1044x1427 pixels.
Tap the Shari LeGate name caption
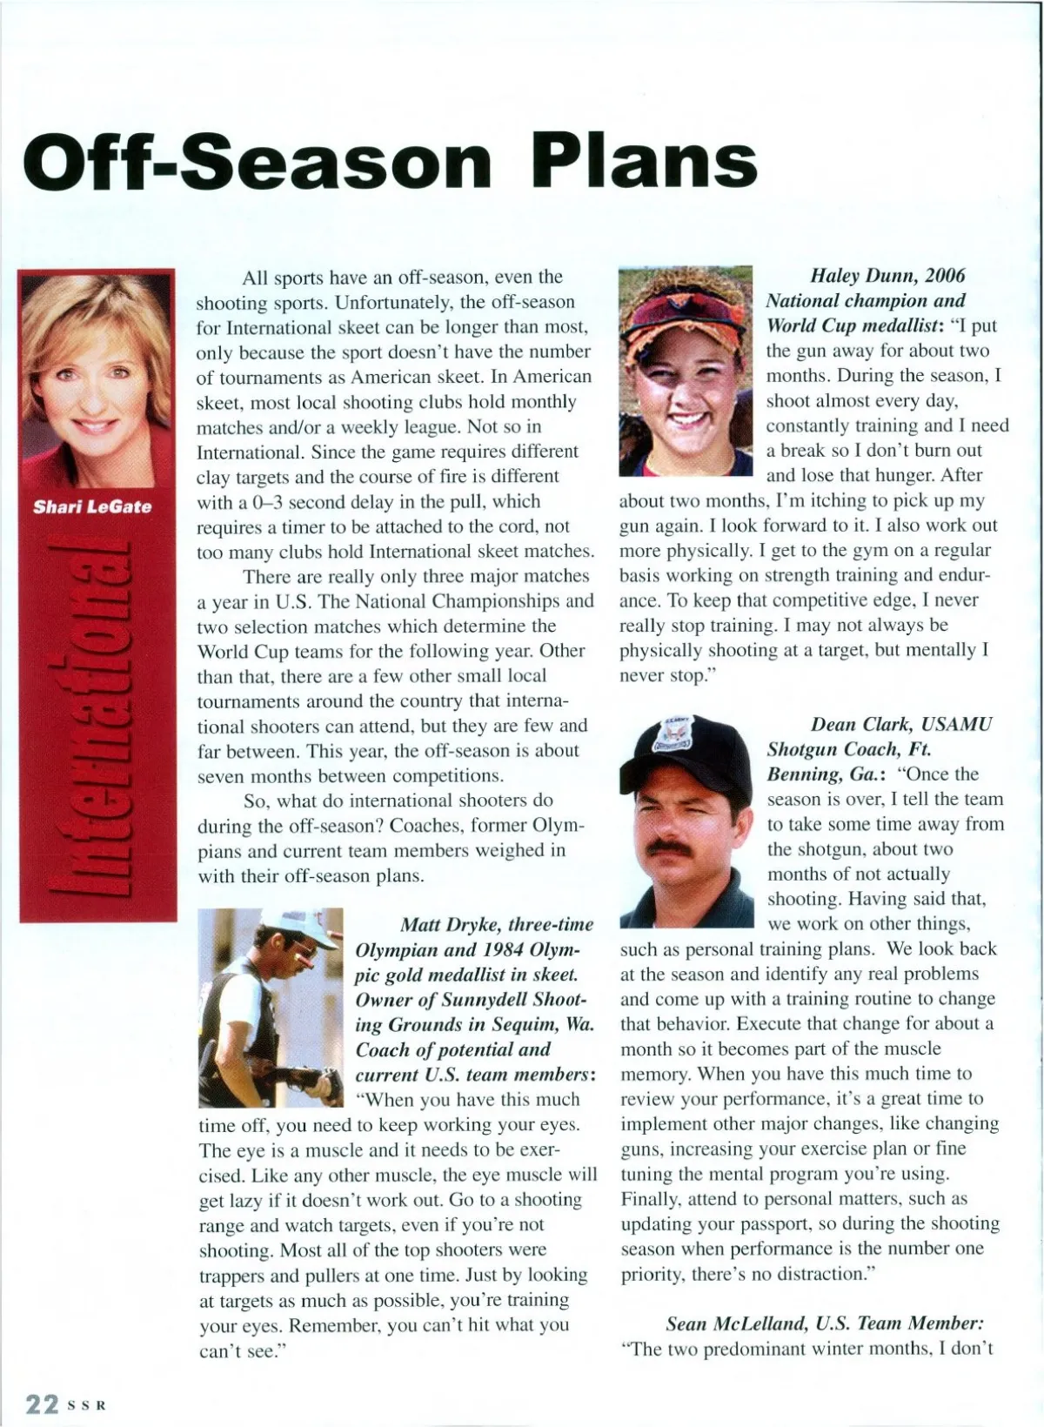coord(92,507)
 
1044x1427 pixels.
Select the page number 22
coord(41,1404)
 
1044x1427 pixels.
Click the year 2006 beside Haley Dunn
coord(945,276)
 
